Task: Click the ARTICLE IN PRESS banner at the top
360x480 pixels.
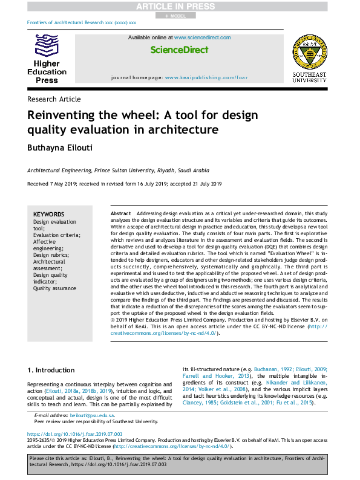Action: point(179,6)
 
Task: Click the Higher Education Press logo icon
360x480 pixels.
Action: point(47,46)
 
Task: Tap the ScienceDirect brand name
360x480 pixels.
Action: point(179,50)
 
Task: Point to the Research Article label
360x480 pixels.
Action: point(54,99)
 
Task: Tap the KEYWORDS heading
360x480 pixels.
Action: point(48,215)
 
